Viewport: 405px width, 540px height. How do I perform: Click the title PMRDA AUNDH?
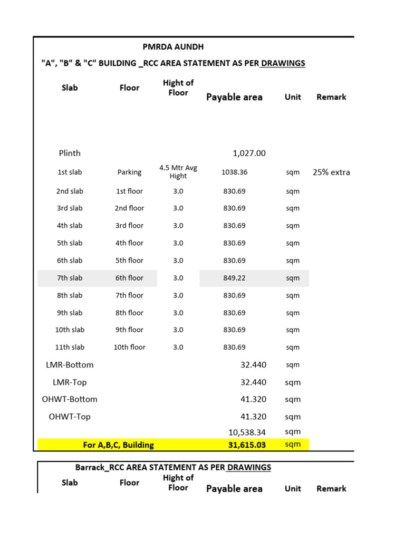pyautogui.click(x=173, y=47)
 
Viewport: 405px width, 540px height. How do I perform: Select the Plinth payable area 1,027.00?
pyautogui.click(x=249, y=153)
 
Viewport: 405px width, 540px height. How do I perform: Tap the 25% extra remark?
pyautogui.click(x=331, y=172)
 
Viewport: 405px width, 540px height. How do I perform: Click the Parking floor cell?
pyautogui.click(x=129, y=172)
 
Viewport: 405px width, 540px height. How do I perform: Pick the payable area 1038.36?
pyautogui.click(x=234, y=172)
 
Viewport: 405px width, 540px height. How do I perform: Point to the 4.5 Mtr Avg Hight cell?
pyautogui.click(x=178, y=172)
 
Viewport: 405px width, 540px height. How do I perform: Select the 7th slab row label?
pyautogui.click(x=70, y=278)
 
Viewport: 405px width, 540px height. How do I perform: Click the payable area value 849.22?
pyautogui.click(x=234, y=278)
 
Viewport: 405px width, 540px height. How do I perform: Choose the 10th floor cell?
pyautogui.click(x=129, y=348)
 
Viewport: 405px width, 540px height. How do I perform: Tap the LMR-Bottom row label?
pyautogui.click(x=70, y=365)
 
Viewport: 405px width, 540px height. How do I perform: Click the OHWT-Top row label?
pyautogui.click(x=70, y=417)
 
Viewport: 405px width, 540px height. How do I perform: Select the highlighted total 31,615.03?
pyautogui.click(x=247, y=445)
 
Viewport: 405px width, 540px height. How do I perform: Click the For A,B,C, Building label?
pyautogui.click(x=119, y=445)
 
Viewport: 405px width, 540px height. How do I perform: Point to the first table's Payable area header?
pyautogui.click(x=234, y=97)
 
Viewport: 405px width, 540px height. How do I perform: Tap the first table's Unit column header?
pyautogui.click(x=293, y=97)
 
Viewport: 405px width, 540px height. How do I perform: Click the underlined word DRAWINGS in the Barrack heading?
pyautogui.click(x=249, y=468)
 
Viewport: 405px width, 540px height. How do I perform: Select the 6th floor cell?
pyautogui.click(x=129, y=278)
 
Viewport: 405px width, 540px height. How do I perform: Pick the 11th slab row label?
pyautogui.click(x=70, y=348)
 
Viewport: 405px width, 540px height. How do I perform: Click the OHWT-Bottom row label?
pyautogui.click(x=70, y=400)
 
